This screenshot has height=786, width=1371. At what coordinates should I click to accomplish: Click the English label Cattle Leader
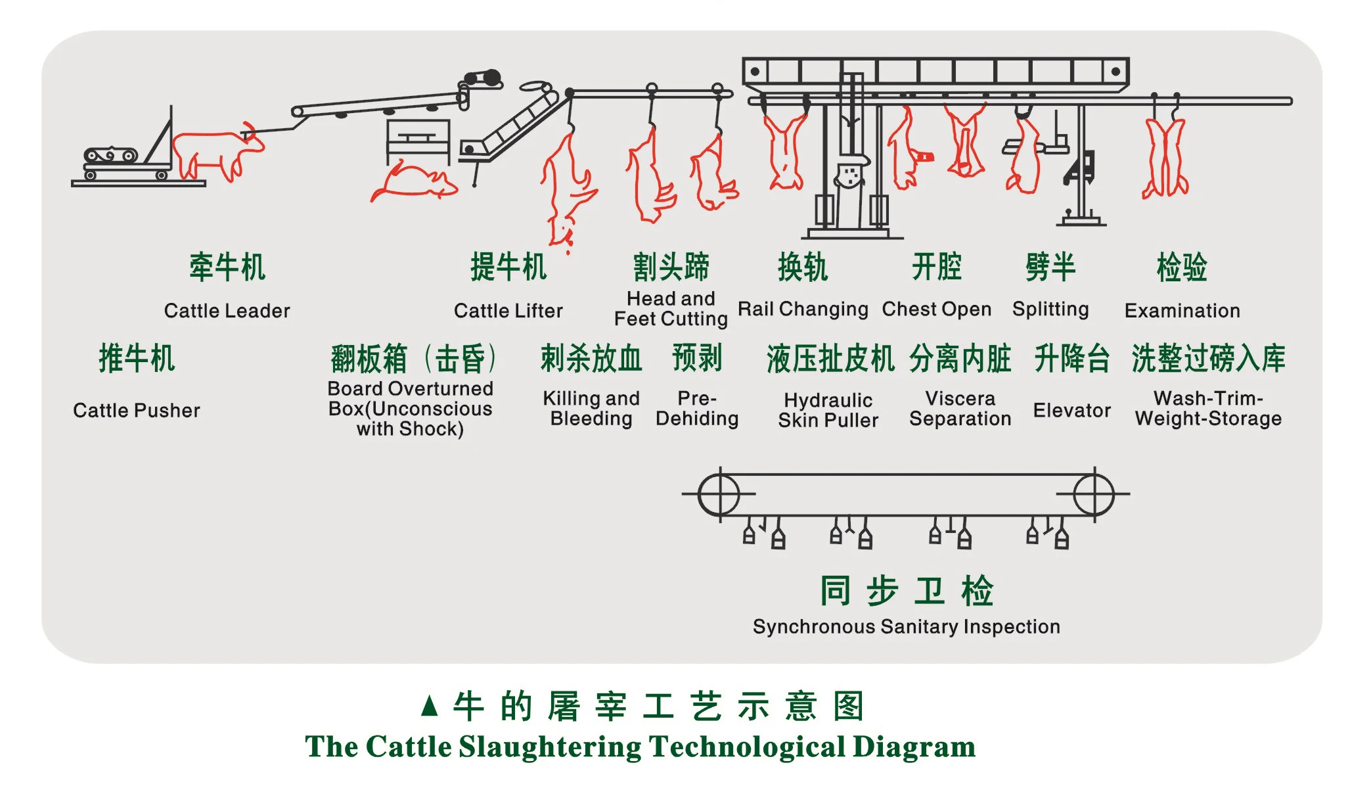point(227,311)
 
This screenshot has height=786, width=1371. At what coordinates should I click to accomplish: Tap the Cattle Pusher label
point(137,411)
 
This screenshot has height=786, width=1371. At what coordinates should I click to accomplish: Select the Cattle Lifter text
point(508,311)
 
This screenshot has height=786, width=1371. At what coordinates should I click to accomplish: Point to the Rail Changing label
point(803,309)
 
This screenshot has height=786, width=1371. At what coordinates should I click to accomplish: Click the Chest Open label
point(936,309)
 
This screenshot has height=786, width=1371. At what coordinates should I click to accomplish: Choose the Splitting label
point(1050,309)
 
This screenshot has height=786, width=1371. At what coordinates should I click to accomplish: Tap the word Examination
point(1182,311)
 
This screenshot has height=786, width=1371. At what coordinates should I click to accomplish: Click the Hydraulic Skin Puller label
point(828,410)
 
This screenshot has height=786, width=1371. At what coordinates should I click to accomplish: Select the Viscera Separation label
point(960,409)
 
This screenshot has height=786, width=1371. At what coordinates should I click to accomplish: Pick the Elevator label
point(1071,411)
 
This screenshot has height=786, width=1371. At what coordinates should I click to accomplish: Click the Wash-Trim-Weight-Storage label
point(1208,409)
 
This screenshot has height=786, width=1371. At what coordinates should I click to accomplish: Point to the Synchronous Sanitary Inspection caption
point(906,627)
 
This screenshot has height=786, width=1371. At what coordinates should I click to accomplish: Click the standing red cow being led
point(214,154)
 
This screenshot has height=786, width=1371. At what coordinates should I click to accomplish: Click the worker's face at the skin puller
point(849,175)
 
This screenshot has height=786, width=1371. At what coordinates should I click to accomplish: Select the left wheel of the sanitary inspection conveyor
point(719,494)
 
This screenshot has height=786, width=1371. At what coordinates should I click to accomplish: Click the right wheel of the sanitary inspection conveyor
point(1094,494)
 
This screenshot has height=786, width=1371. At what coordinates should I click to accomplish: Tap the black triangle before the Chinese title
point(430,706)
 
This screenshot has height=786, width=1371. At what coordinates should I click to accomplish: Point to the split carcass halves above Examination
point(1165,158)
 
